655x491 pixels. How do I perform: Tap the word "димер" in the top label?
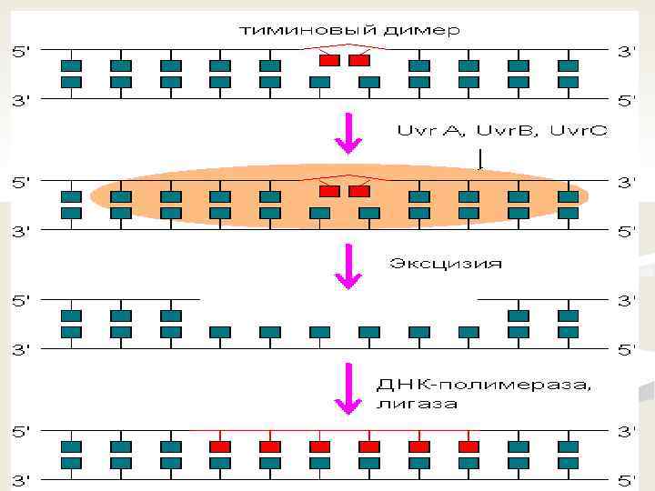[420, 30]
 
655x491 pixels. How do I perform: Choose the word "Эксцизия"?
[445, 264]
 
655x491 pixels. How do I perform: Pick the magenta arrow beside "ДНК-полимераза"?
[349, 386]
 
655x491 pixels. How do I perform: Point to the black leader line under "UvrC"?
[481, 158]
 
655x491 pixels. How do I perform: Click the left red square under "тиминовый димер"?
[329, 60]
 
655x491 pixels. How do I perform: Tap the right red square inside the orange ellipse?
[359, 191]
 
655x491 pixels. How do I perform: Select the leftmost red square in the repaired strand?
[219, 446]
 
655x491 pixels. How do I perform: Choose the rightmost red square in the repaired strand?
[469, 446]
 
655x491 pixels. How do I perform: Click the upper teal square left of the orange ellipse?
[71, 196]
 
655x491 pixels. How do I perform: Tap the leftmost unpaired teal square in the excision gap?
[219, 332]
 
